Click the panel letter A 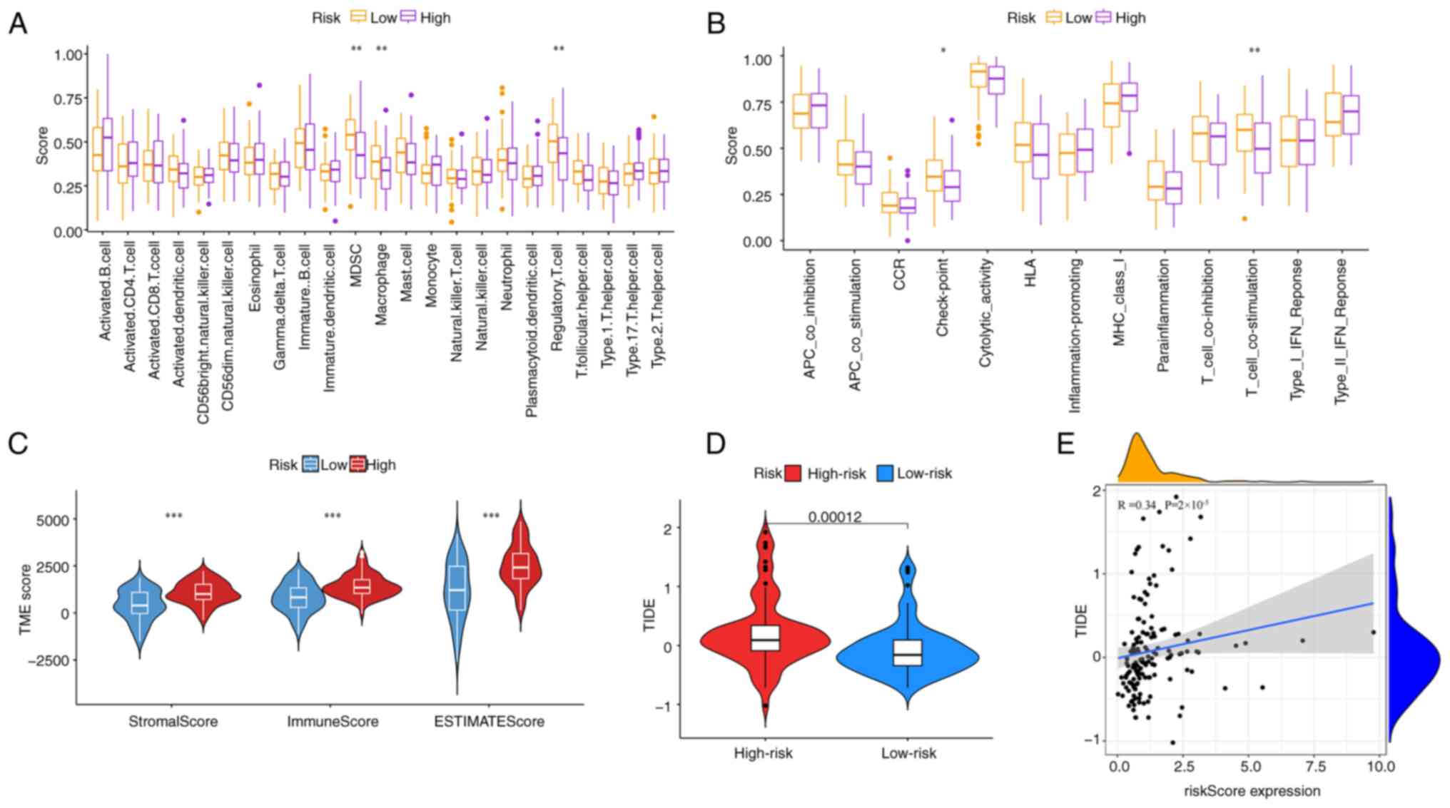[17, 24]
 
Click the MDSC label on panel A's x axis [356, 265]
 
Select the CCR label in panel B [899, 274]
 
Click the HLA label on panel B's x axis [1030, 272]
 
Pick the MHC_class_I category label [1118, 302]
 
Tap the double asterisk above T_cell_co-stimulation [1254, 51]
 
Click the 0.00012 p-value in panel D [835, 516]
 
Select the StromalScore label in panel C [173, 722]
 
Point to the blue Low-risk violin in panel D [908, 653]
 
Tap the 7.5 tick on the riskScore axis [1315, 766]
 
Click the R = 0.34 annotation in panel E [1137, 506]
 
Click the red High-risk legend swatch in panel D [793, 474]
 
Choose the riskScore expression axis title [1252, 790]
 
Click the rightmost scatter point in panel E [1373, 633]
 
